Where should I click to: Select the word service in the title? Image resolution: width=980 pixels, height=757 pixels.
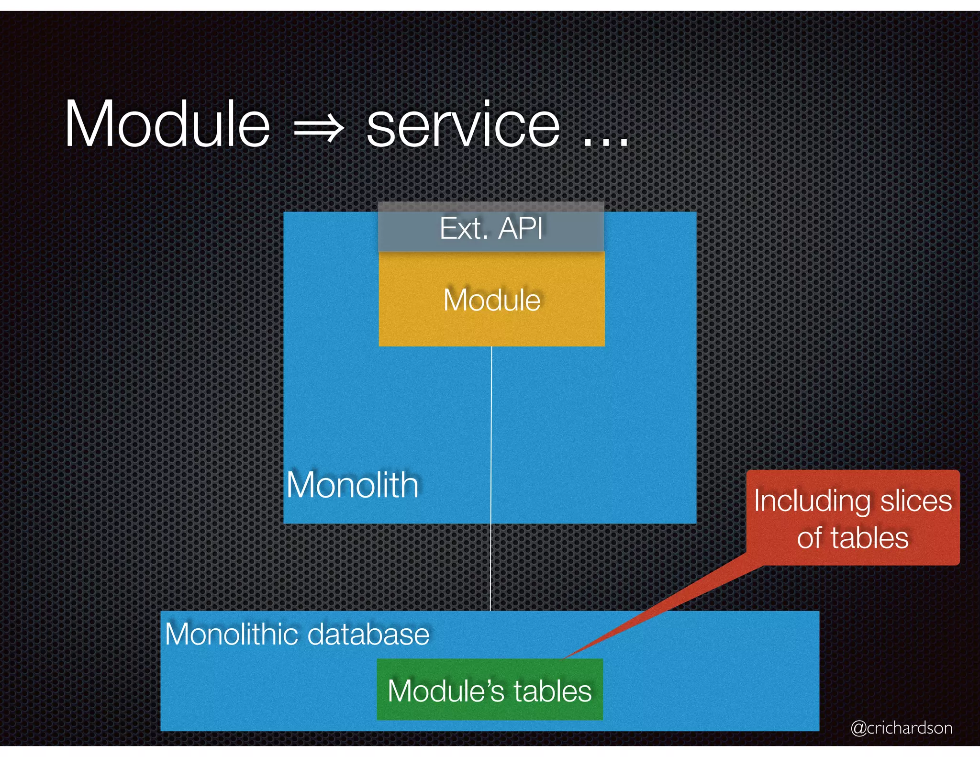[463, 125]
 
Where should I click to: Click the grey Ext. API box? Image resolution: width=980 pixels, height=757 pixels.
[491, 228]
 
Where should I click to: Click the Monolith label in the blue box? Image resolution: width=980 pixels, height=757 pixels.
[353, 485]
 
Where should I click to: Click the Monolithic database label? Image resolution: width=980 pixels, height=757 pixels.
[297, 635]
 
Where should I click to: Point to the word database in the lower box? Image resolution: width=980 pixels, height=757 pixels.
[368, 635]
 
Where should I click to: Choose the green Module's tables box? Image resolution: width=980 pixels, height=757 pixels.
[490, 690]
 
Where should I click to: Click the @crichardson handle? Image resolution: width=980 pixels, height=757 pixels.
[902, 728]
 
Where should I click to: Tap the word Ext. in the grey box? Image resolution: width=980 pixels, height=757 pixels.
[464, 228]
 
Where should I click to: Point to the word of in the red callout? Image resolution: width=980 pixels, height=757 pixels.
[809, 538]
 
